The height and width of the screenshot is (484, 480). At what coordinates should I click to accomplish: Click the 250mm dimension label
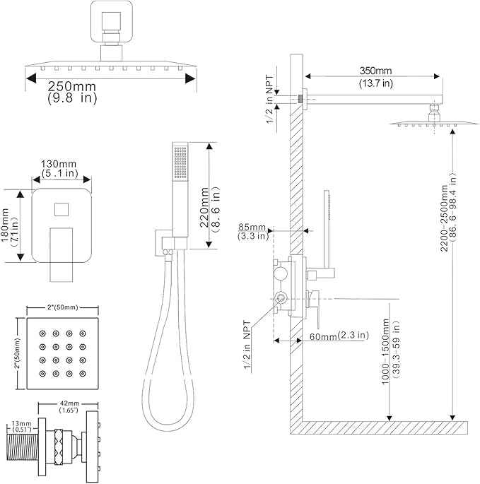point(71,86)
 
